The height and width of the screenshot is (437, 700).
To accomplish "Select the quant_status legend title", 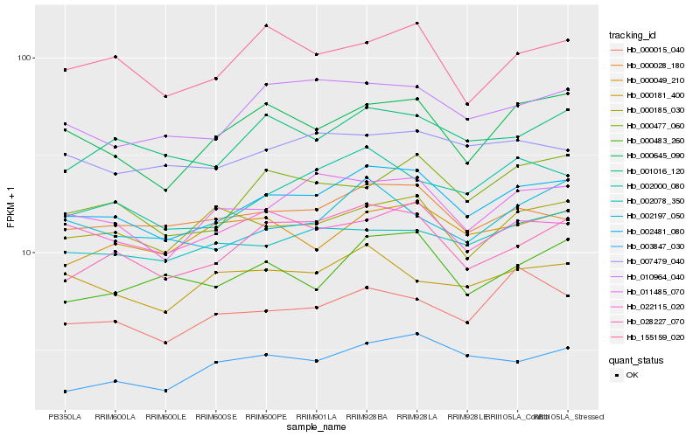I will [x=636, y=359].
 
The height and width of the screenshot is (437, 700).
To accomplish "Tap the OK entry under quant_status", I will [x=632, y=374].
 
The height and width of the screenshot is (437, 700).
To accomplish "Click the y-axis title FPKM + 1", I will [x=11, y=208].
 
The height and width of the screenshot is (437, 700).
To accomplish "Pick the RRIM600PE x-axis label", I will [x=266, y=417].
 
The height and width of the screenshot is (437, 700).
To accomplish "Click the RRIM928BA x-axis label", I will [x=367, y=417].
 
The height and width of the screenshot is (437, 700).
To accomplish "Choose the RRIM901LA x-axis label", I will [x=316, y=417].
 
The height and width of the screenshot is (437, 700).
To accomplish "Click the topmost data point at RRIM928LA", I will [x=417, y=24].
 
